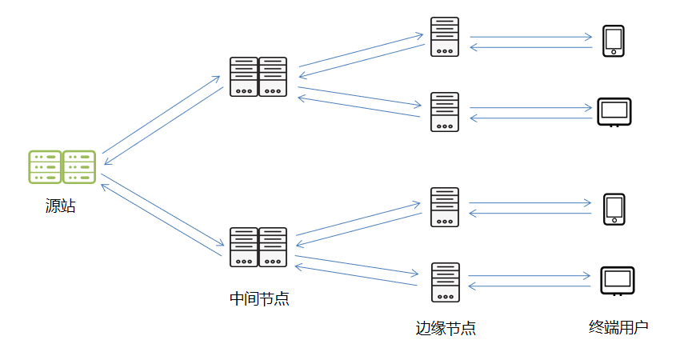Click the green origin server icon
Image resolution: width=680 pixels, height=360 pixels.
(x=62, y=167)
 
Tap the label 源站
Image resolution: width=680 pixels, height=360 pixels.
(x=61, y=206)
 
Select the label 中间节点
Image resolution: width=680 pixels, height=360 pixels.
(x=259, y=299)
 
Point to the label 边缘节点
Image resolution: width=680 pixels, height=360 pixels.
(x=446, y=328)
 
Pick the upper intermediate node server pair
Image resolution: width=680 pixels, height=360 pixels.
(x=258, y=77)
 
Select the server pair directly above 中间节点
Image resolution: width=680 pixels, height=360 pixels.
(x=258, y=247)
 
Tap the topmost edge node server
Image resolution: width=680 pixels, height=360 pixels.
(x=445, y=37)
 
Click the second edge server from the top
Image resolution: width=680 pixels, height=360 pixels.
(x=445, y=112)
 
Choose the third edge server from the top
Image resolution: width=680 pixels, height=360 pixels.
(x=445, y=207)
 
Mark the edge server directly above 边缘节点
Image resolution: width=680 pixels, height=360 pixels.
(x=445, y=282)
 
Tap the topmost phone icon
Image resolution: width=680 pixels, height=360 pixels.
(x=614, y=41)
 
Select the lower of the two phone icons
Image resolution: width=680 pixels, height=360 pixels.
(x=614, y=209)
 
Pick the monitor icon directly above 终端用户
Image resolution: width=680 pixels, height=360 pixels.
(x=617, y=281)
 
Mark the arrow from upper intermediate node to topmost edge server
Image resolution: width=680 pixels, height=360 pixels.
(x=360, y=50)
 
